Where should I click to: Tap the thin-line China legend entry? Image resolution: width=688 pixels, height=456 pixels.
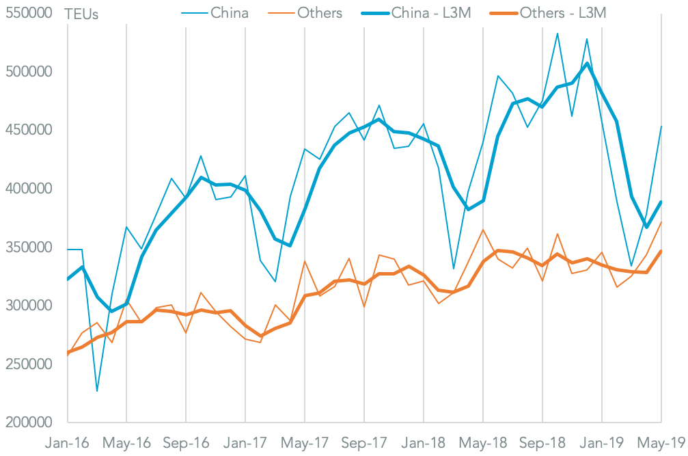230,13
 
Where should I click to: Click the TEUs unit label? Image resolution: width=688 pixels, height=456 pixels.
81,14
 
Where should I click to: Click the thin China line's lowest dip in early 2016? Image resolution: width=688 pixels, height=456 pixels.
97,391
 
